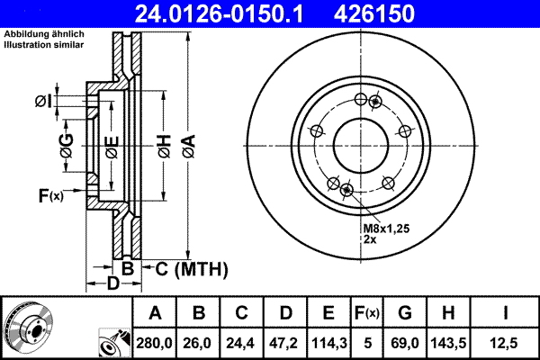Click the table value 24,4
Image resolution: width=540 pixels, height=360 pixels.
pyautogui.click(x=242, y=342)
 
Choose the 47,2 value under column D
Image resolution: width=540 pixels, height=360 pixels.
pyautogui.click(x=285, y=342)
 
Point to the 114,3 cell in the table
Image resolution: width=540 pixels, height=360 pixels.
pyautogui.click(x=328, y=342)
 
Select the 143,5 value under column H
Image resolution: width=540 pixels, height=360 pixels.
pyautogui.click(x=447, y=342)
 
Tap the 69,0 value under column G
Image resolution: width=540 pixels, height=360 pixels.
pyautogui.click(x=404, y=342)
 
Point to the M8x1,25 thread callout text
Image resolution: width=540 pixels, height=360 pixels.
pyautogui.click(x=387, y=229)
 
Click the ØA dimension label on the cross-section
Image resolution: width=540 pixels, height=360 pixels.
pyautogui.click(x=187, y=144)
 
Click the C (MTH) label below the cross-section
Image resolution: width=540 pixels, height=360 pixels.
pyautogui.click(x=186, y=269)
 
